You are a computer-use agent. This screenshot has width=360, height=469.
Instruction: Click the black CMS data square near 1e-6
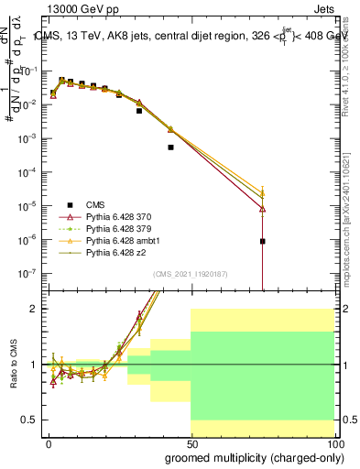(263, 242)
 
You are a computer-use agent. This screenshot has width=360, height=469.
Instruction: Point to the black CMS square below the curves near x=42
(170, 147)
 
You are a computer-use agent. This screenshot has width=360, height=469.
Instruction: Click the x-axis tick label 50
(191, 443)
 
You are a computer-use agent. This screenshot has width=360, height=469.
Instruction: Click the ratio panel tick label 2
(32, 310)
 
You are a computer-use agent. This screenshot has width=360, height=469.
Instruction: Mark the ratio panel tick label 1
(32, 365)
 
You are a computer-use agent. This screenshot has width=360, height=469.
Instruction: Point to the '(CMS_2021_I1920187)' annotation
(191, 274)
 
